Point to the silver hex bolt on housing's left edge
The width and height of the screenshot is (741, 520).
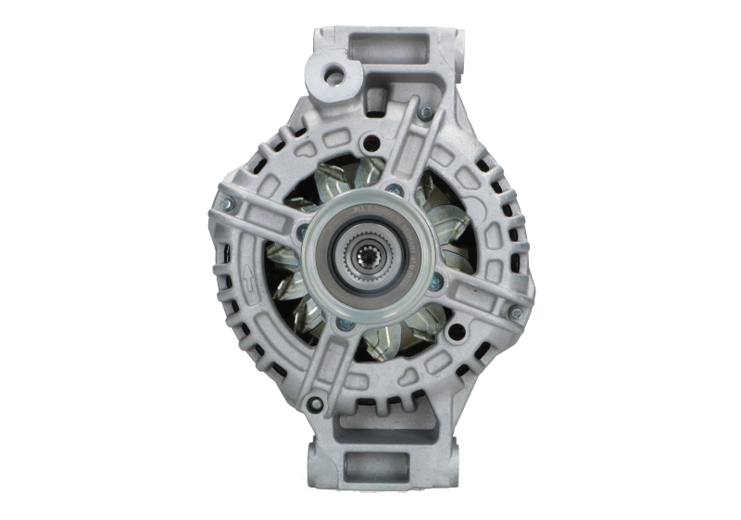(x=222, y=200)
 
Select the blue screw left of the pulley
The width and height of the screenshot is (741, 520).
(x=304, y=226)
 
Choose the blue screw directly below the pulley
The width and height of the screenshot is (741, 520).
(x=345, y=323)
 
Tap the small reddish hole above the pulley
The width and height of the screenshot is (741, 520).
(x=371, y=143)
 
